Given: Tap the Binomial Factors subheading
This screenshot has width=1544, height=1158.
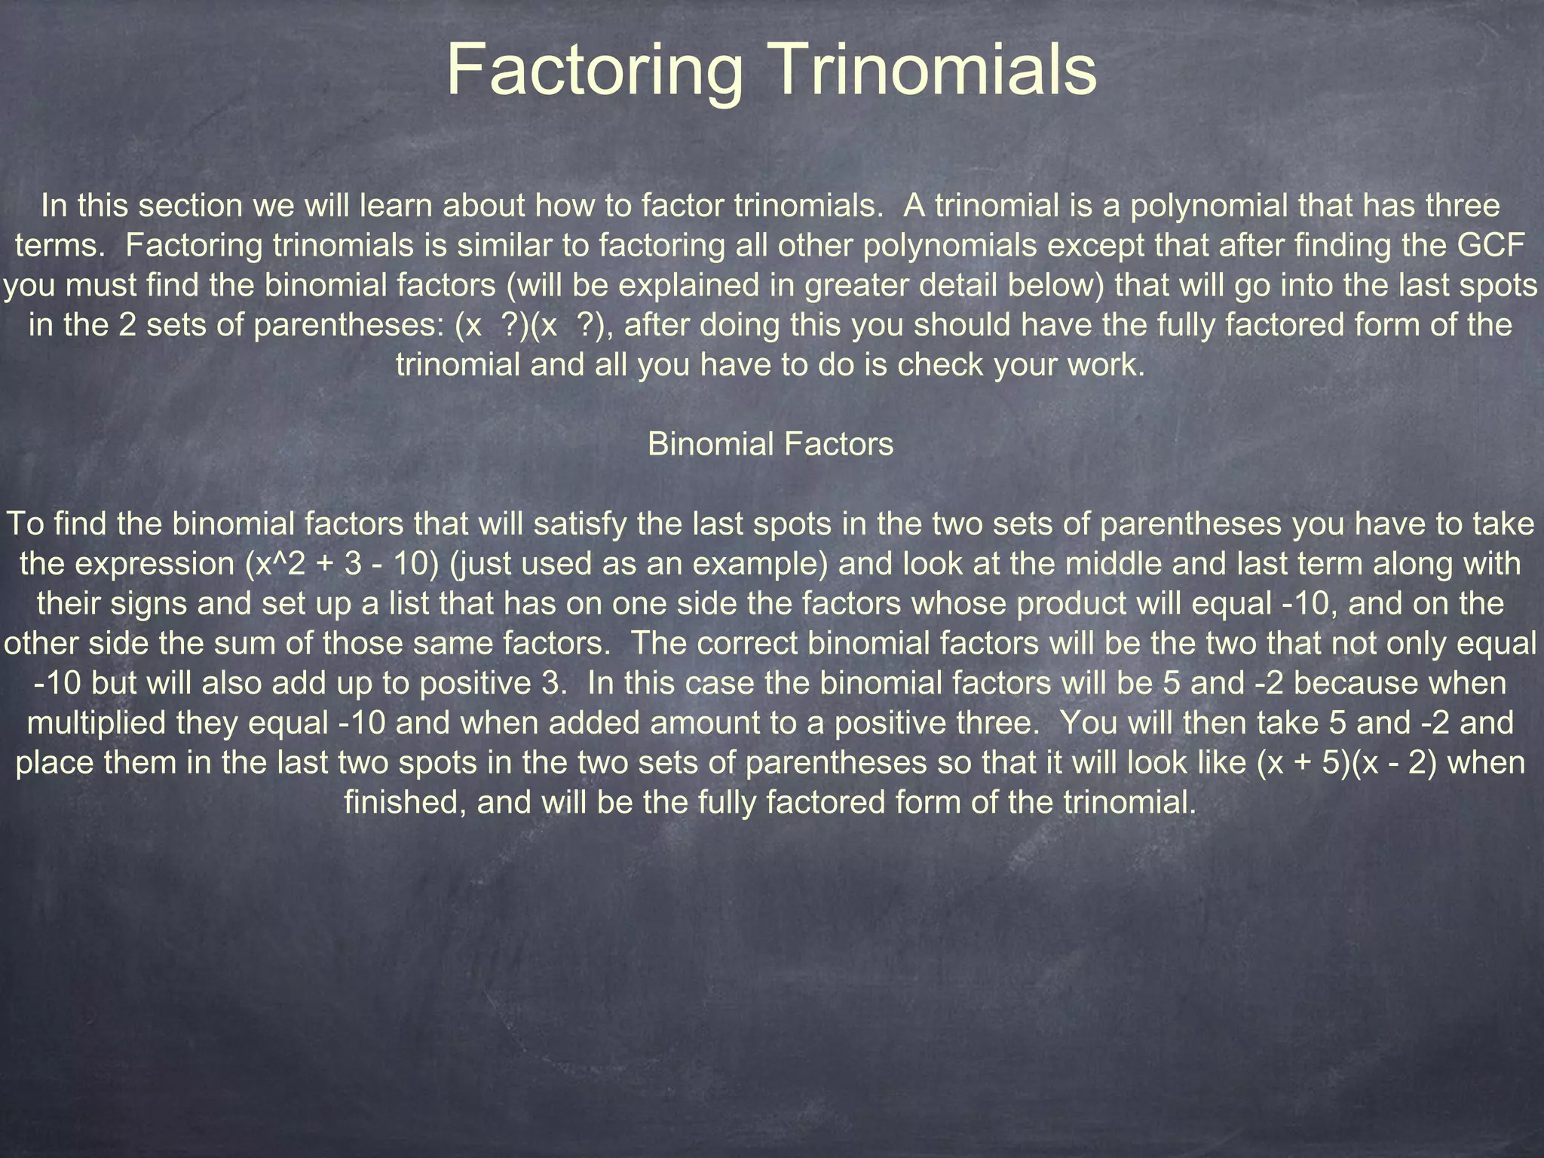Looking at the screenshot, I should (770, 444).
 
